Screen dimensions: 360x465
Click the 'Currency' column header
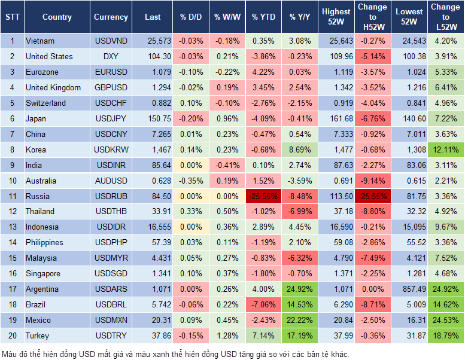(x=111, y=17)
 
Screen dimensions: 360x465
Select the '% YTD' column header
(x=263, y=17)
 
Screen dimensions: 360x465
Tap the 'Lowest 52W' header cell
(x=410, y=17)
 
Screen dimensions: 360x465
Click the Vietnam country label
(x=40, y=41)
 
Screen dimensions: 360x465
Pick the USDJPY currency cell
(x=111, y=118)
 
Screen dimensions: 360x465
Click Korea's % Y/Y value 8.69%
(x=300, y=150)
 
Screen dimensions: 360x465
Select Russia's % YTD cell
(x=263, y=196)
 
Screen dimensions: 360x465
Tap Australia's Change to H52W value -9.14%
(x=372, y=181)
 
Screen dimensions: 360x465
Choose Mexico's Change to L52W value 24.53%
(x=445, y=320)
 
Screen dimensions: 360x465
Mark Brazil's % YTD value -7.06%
(x=263, y=304)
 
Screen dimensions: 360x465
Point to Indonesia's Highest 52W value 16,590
(x=336, y=227)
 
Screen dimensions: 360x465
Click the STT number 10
(x=12, y=181)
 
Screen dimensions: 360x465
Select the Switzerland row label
(x=46, y=103)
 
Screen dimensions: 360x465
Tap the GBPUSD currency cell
(x=111, y=88)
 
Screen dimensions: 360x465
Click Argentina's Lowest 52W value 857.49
(x=410, y=289)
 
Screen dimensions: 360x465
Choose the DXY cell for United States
(x=111, y=57)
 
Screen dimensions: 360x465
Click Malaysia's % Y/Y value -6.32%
(x=300, y=258)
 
